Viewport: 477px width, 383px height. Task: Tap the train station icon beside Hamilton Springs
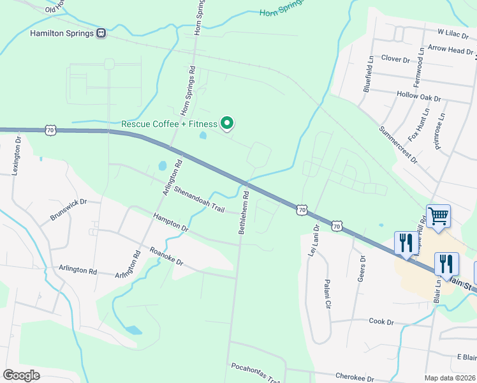tap(101, 33)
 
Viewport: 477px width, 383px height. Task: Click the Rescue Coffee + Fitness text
tap(169, 124)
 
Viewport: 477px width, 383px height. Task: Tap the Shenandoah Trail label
tap(200, 199)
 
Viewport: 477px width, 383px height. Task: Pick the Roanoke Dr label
tap(166, 257)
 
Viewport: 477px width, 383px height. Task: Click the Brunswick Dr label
tap(68, 210)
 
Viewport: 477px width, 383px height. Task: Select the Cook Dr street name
tap(381, 322)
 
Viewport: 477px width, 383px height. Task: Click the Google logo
tap(21, 375)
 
